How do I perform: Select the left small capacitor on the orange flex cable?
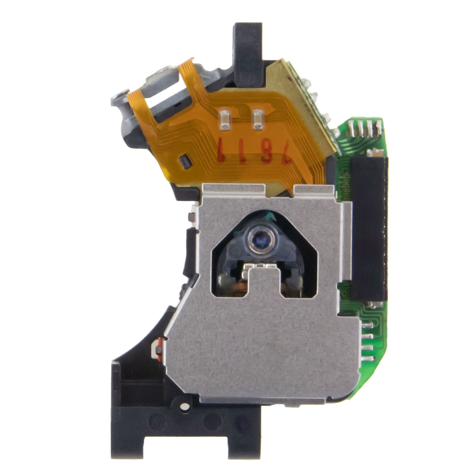(225, 120)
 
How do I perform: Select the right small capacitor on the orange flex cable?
(258, 120)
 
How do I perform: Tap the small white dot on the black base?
(186, 407)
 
